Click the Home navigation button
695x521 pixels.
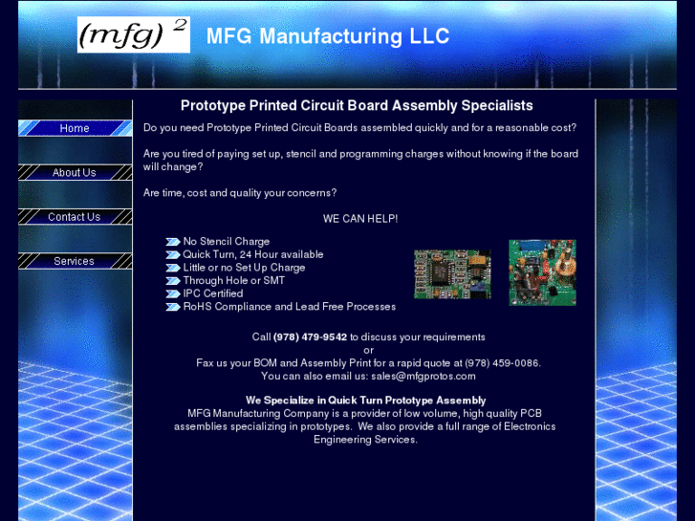[75, 128]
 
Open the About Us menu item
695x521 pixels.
[75, 173]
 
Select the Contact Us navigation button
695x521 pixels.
[75, 217]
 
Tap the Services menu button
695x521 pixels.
[75, 261]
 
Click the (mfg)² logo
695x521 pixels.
[134, 35]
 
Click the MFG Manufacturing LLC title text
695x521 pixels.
[328, 37]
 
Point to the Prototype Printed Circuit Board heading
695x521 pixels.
[357, 106]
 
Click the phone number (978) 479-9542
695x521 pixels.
[310, 336]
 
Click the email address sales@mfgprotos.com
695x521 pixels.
[424, 376]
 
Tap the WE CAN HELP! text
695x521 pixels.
[360, 219]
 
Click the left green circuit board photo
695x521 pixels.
[452, 274]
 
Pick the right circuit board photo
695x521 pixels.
[542, 272]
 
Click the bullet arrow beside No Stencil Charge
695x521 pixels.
[172, 242]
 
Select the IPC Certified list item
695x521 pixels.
[213, 293]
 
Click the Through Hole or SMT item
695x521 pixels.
[234, 281]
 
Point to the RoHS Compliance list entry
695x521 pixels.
[289, 307]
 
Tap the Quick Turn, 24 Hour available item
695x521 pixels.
[253, 255]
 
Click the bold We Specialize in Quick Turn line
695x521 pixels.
[365, 401]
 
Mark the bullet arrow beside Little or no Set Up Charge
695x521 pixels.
[172, 268]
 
